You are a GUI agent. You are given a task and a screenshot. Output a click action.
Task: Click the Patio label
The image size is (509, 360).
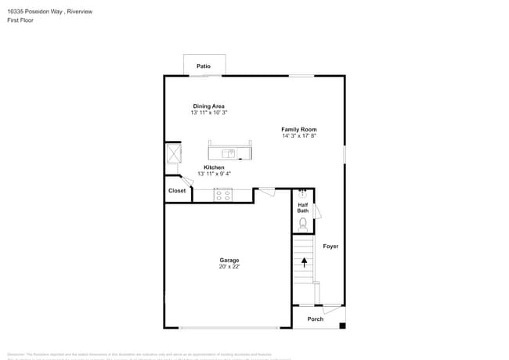204,67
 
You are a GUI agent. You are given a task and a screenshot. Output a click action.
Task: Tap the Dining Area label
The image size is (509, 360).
209,106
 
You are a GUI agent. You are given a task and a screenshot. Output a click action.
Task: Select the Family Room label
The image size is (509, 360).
299,129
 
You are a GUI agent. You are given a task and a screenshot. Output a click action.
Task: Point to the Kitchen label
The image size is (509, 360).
214,167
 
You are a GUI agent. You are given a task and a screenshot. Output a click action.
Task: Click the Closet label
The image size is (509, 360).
177,190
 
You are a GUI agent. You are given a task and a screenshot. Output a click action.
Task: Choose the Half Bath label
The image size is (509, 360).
303,207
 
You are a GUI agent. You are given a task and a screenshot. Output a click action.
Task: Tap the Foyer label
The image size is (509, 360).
330,247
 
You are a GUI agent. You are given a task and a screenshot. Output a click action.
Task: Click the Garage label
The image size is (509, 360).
229,260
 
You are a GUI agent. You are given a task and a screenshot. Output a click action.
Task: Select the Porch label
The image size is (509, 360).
316,319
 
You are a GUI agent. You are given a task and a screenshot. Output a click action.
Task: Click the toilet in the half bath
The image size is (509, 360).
303,223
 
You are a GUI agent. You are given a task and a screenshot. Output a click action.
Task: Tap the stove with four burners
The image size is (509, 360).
223,195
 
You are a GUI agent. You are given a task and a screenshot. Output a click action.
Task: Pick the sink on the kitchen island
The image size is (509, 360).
229,153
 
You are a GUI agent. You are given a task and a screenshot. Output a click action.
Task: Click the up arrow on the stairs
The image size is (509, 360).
304,263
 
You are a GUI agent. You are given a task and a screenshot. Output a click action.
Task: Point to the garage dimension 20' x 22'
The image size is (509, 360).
229,267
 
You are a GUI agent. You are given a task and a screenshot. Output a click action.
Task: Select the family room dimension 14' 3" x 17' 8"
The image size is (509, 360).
299,136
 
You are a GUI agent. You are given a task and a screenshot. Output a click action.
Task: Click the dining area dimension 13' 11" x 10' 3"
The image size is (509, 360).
209,113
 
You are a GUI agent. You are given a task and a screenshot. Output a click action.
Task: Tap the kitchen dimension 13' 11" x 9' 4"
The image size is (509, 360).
214,175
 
